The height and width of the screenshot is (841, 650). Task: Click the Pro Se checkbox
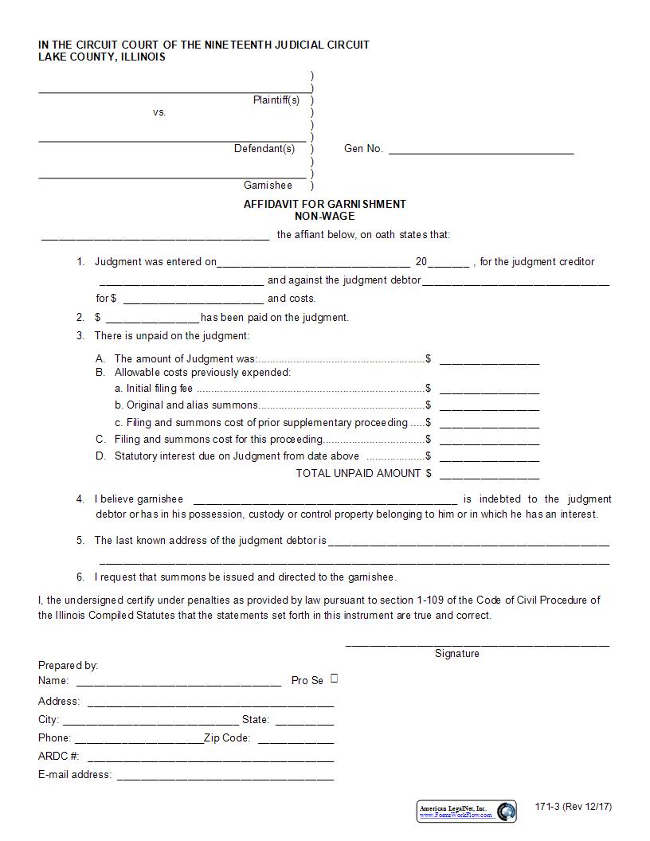[x=335, y=679]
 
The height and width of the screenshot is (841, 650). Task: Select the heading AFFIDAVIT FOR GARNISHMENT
[x=324, y=204]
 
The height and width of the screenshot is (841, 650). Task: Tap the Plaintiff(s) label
[x=276, y=100]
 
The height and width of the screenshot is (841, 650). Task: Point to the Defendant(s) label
[x=264, y=149]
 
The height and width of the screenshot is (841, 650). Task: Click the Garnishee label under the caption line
[x=268, y=186]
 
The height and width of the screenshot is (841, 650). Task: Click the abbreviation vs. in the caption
[x=159, y=112]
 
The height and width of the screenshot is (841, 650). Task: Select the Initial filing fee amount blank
[x=489, y=390]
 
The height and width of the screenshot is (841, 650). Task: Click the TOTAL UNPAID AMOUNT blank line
[x=489, y=475]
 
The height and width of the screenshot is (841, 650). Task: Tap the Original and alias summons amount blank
[x=489, y=407]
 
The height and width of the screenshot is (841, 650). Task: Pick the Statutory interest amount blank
[x=489, y=458]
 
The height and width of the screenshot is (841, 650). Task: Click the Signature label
[x=456, y=654]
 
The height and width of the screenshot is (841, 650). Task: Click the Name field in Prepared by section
[x=178, y=683]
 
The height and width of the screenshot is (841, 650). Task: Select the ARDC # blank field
[x=210, y=758]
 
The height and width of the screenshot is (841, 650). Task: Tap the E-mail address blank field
[x=225, y=776]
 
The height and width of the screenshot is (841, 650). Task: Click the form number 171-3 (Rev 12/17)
[x=574, y=807]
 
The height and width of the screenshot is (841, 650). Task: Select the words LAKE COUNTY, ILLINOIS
[x=102, y=57]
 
